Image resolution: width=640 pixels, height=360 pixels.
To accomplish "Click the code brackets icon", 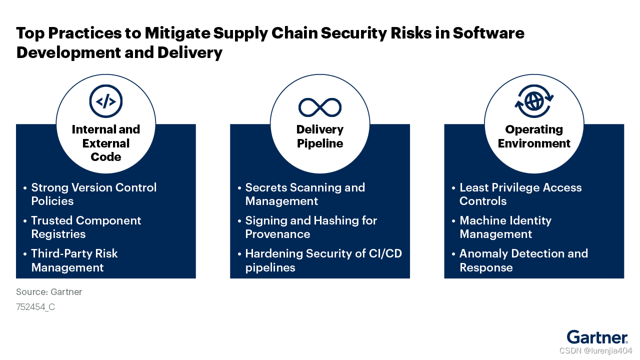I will point(106,101).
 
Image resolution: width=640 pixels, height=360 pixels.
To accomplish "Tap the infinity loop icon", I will point(320,107).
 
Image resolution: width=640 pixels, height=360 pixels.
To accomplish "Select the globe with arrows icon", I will point(534,101).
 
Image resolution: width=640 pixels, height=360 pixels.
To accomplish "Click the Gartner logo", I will point(597,337).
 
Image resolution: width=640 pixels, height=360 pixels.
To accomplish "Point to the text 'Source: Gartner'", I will point(49,292).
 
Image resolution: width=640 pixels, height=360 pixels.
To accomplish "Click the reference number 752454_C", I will point(35,307).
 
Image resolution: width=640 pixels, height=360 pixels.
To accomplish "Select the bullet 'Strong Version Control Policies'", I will point(93,194).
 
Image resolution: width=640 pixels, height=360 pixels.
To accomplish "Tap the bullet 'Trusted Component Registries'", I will point(86,227).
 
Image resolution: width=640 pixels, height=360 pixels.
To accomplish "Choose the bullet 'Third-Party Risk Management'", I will point(74,260).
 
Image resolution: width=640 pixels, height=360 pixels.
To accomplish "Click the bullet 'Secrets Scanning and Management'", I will point(305,194).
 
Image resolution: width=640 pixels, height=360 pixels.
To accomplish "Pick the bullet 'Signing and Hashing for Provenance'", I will point(311,227).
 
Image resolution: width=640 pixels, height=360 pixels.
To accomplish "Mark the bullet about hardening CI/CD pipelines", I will point(323,260).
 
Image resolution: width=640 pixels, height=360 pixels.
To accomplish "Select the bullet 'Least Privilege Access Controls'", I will point(520,194).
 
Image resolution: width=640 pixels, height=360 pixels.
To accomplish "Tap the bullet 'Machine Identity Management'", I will point(505,227).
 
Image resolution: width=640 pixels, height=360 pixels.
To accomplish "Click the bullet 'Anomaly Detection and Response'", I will point(523,260).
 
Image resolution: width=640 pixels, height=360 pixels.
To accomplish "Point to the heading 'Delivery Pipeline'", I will point(320,136).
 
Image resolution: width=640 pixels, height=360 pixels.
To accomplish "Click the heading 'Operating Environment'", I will point(534,136).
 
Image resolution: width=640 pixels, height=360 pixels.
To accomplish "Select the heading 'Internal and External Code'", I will point(106,143).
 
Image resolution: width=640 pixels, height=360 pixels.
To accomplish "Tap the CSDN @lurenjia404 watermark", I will point(596,350).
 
